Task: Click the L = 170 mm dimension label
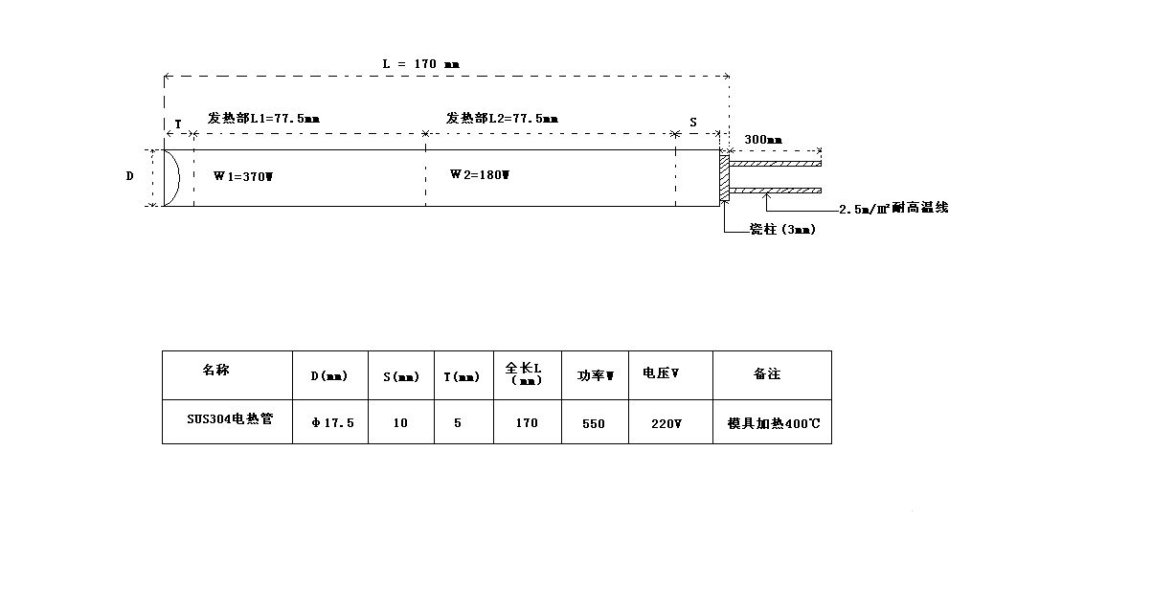coord(421,64)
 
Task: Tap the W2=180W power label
coord(480,174)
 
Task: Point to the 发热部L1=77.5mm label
coord(263,118)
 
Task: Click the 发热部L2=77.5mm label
coord(502,118)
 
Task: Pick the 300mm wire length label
coord(763,140)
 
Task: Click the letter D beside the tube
coord(130,176)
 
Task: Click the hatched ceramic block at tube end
coord(724,177)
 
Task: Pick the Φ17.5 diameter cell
coord(331,422)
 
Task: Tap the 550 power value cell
coord(594,422)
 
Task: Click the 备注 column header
coord(767,374)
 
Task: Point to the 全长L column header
coord(527,372)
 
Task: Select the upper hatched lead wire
coord(776,164)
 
